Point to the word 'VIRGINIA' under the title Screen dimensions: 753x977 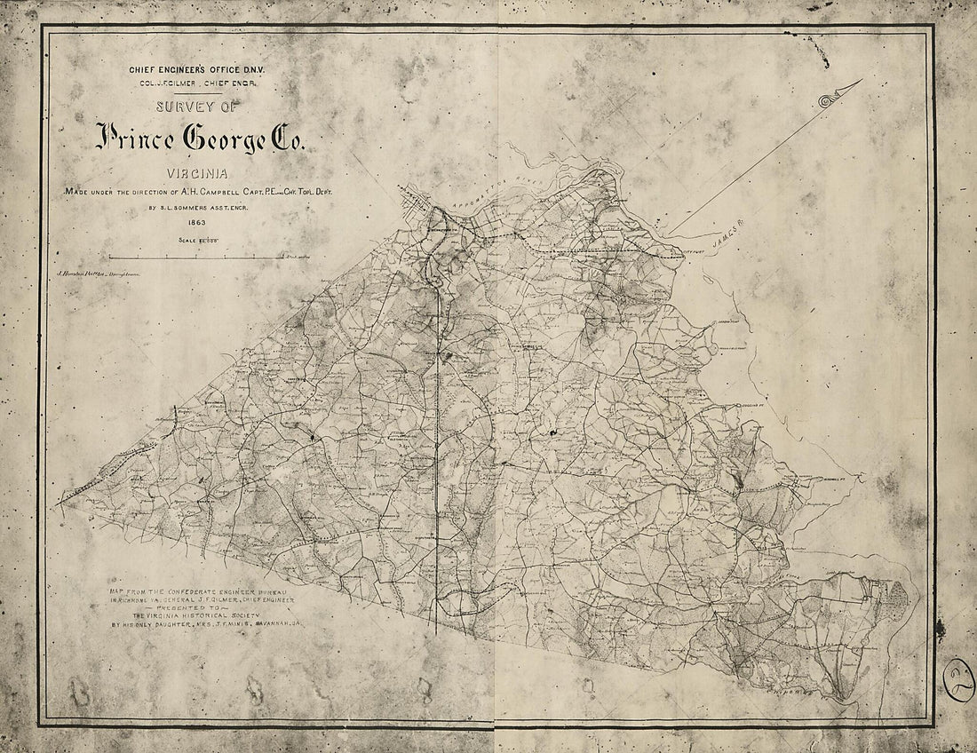point(200,175)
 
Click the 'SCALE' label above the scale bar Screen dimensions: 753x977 point(189,241)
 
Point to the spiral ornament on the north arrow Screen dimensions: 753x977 point(825,100)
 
